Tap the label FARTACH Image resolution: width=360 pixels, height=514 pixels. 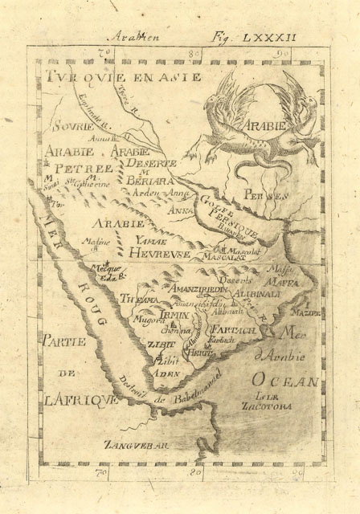231,330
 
